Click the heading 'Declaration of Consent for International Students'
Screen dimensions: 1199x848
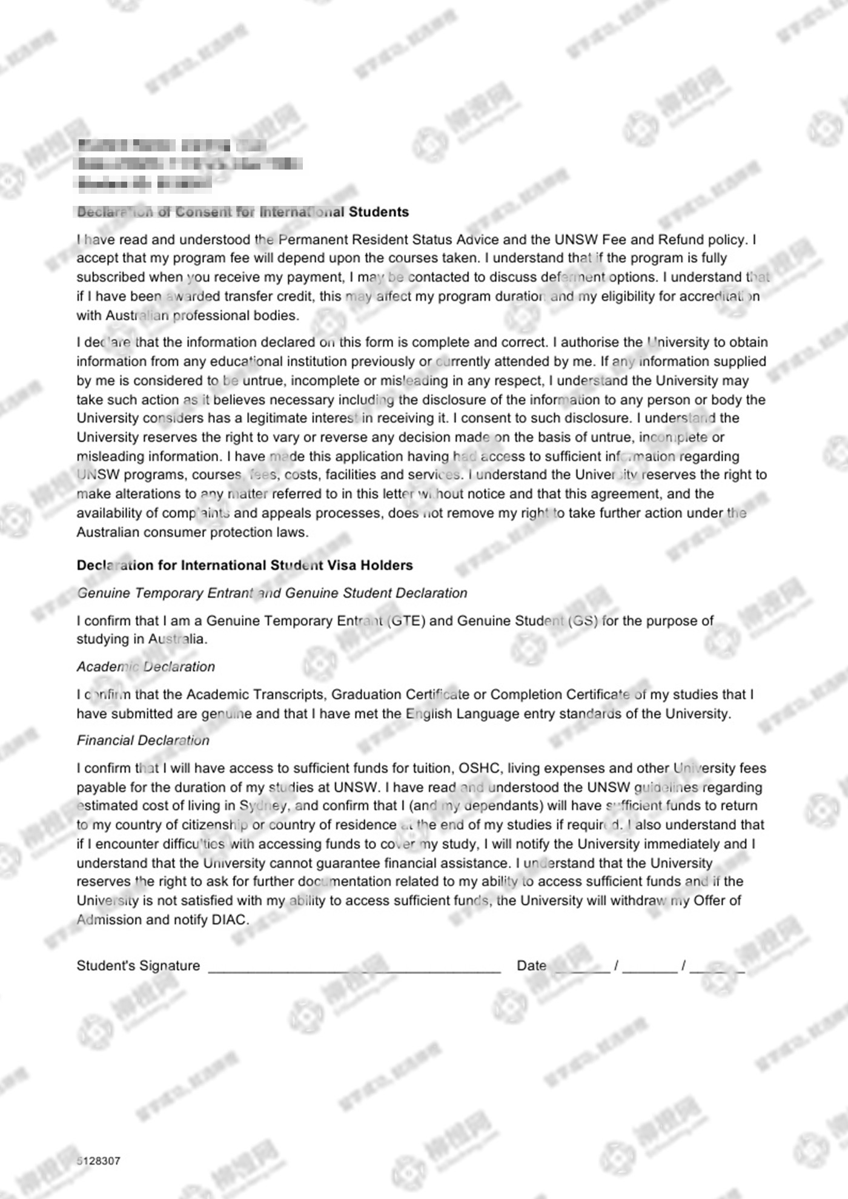(243, 212)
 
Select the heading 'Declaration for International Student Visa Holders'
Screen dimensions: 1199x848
(244, 565)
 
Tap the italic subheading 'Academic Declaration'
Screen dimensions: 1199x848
(145, 667)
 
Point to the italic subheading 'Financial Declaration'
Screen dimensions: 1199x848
(143, 741)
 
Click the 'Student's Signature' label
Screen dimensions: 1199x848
(138, 966)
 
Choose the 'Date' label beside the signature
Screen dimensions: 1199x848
(531, 966)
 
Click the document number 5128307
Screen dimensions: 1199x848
(99, 1161)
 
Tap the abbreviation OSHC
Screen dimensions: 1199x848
(479, 768)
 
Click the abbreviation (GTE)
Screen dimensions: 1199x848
(405, 621)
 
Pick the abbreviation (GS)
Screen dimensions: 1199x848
(583, 621)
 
